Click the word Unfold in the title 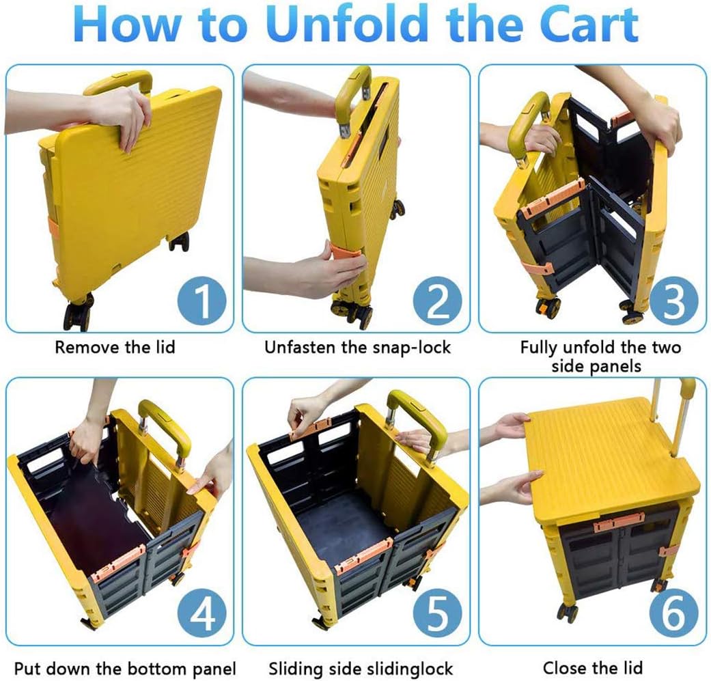coord(348,23)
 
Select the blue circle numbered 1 coord(201,301)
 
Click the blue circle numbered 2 coord(437,301)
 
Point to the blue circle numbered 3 coord(673,301)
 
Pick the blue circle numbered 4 coord(201,613)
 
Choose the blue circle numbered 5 coord(437,613)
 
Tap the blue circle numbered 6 coord(673,613)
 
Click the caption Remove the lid coord(115,347)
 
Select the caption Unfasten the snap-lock coord(357,347)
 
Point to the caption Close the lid coord(593,667)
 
